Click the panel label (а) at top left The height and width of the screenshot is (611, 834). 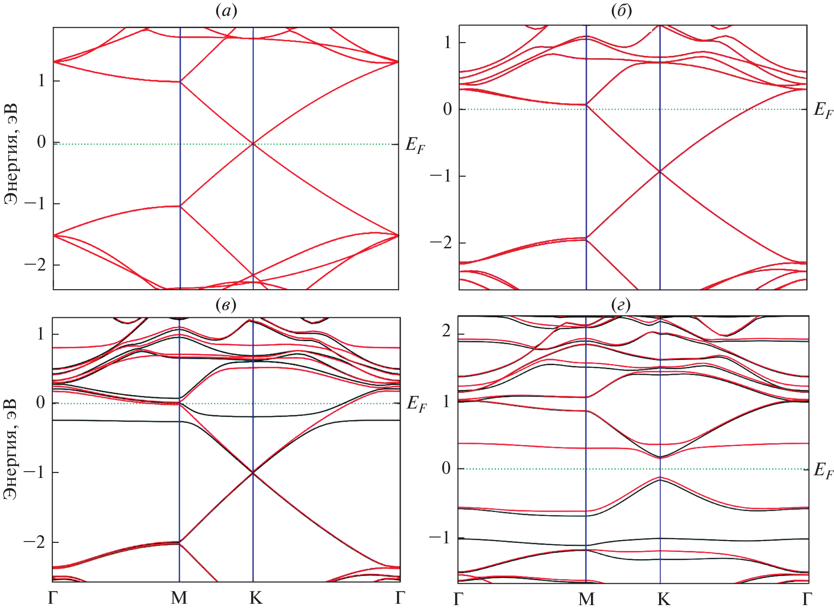tap(226, 11)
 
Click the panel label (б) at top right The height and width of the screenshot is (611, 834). tap(621, 11)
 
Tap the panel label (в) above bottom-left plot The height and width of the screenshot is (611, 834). tap(226, 305)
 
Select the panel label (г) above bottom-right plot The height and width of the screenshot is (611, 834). tap(621, 305)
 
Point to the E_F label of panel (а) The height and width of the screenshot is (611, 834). tap(415, 145)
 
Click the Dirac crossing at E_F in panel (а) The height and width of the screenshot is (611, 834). tap(253, 144)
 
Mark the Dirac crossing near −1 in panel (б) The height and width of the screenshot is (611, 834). tap(660, 172)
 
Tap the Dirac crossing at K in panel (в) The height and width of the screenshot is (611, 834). tap(253, 473)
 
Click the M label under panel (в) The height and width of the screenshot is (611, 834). tap(179, 598)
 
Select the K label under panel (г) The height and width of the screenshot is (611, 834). tap(664, 600)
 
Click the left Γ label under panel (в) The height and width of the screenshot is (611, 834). tap(53, 598)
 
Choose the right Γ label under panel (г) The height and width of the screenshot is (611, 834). tap(806, 600)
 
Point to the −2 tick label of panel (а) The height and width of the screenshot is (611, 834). tap(35, 265)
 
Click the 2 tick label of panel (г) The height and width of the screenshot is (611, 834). tap(447, 332)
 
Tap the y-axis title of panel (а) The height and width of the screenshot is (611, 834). tap(11, 155)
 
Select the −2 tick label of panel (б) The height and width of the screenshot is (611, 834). tap(441, 242)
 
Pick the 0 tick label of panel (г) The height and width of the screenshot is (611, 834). tap(447, 468)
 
